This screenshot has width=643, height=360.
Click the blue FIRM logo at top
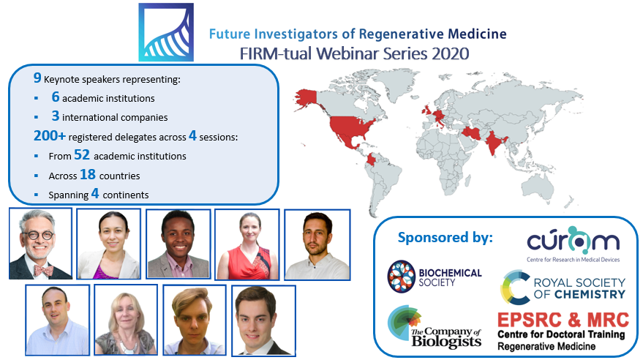pos(166,32)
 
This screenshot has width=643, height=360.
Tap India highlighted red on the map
pos(499,140)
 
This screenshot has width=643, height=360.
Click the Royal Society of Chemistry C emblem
pos(514,286)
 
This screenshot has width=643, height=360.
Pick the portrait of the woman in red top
pos(247,244)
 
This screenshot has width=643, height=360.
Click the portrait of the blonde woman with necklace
pos(126,320)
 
